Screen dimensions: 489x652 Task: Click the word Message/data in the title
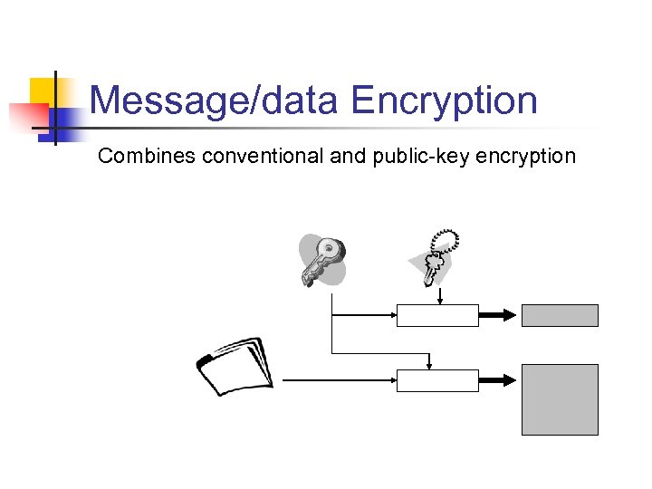point(215,101)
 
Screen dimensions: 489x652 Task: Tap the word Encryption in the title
point(445,101)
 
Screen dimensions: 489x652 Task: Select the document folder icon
point(235,367)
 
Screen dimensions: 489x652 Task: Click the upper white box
point(437,315)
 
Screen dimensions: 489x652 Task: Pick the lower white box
point(437,381)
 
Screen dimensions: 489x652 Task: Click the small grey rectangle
point(560,315)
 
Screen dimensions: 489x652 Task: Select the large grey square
point(560,399)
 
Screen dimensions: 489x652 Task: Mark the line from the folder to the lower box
point(340,381)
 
